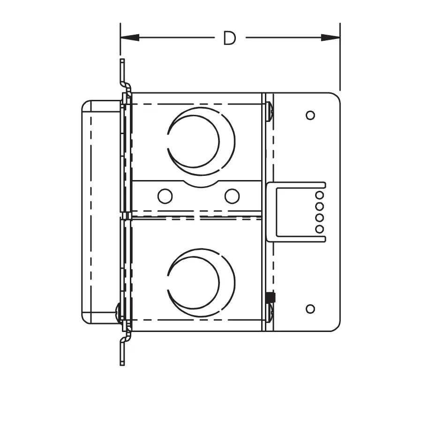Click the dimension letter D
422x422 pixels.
coord(230,38)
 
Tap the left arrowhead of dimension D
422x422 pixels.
coord(130,38)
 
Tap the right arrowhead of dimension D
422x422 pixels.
coord(331,38)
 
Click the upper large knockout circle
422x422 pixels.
coord(201,141)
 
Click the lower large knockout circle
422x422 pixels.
coord(201,282)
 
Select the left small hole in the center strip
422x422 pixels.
coord(165,196)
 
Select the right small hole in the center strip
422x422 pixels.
coord(232,196)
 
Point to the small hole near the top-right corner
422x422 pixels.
coord(310,115)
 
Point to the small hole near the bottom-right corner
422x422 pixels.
coord(310,309)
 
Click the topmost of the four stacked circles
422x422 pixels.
coord(319,195)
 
